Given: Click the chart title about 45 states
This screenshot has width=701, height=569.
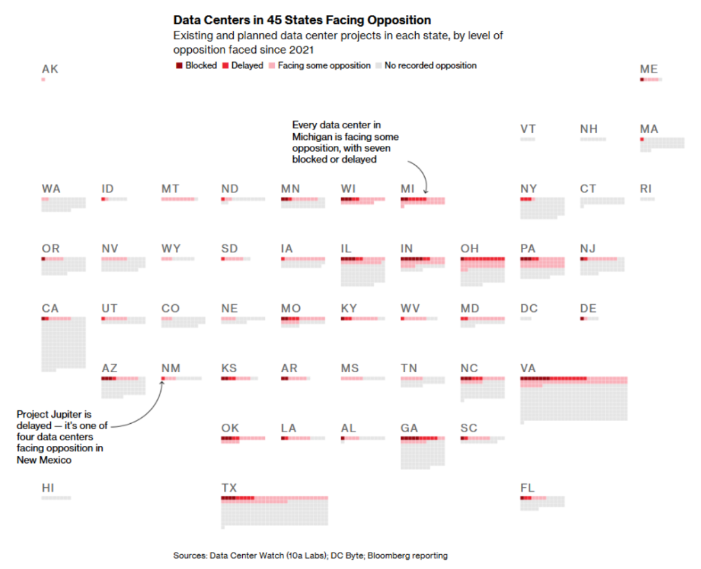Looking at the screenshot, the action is tap(302, 20).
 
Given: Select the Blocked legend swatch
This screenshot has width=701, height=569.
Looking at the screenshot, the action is tap(179, 65).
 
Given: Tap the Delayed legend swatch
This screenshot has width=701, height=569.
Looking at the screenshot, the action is tap(225, 65).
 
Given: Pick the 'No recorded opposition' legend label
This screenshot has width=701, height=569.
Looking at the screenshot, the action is tap(431, 65).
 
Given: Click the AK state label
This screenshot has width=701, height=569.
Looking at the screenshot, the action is tap(50, 69).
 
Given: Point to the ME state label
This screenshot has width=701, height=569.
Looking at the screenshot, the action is tap(649, 69).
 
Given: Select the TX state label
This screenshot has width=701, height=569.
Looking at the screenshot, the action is tap(229, 488).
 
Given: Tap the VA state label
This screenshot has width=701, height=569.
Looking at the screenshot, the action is tap(528, 368).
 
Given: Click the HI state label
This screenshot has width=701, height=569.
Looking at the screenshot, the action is tap(48, 488).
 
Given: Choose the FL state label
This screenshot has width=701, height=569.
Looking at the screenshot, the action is tap(528, 488).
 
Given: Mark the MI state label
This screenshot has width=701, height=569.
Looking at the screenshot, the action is tap(408, 189).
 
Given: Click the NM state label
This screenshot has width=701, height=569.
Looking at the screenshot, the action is tap(171, 368).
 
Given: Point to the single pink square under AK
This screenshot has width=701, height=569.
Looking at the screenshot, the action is tap(43, 80).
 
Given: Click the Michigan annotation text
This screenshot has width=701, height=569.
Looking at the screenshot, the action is tap(346, 142).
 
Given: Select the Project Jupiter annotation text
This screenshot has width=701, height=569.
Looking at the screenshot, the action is tap(62, 437).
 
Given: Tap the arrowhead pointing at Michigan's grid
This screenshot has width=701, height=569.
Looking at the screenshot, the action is tap(425, 192).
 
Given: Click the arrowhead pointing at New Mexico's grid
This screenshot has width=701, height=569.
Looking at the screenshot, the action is tap(163, 383).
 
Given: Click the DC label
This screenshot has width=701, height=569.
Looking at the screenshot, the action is tap(529, 308).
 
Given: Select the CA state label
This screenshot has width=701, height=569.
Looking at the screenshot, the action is tap(50, 308).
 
